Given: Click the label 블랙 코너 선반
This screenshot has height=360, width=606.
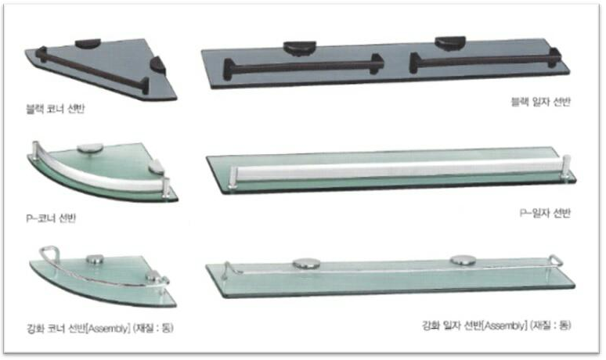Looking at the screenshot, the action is point(55,109).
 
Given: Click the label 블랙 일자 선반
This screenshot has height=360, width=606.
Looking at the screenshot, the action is point(541,102).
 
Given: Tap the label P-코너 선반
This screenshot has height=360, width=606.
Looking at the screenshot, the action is point(51,218).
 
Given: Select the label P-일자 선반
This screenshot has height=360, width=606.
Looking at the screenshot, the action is point(545,213).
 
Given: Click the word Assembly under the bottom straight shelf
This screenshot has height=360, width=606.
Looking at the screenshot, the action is point(505,326).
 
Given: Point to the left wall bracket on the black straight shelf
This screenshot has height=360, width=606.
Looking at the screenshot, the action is point(300,48).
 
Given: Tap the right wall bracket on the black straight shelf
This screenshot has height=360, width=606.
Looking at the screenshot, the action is point(450,43).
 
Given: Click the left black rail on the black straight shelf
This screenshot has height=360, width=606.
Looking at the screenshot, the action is point(303,67).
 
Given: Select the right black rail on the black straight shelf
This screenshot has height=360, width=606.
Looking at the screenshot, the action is point(485,60).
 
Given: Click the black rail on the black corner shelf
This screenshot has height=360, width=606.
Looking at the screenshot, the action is point(92,70).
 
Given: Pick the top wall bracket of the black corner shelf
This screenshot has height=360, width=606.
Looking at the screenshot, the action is point(88,43).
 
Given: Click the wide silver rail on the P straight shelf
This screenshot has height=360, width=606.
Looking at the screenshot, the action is point(398,168).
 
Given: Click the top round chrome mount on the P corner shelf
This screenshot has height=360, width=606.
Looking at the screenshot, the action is point(90,149).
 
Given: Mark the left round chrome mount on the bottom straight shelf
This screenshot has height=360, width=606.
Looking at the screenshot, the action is point(306,264).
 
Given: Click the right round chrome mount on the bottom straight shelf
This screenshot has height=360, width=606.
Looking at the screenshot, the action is point(463,261).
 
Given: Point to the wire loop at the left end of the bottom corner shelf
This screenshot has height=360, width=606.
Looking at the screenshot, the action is point(49,253).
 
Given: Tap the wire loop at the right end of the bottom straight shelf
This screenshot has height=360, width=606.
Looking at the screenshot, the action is point(556,260).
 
